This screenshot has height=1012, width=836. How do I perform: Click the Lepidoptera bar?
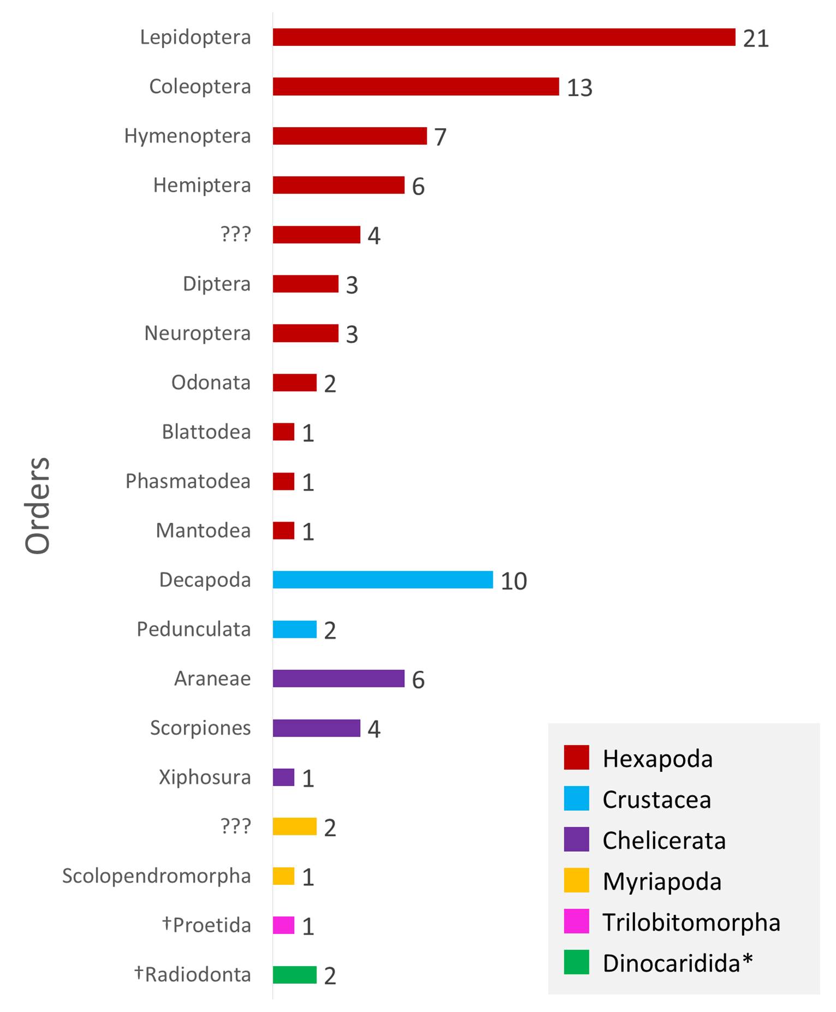pyautogui.click(x=504, y=37)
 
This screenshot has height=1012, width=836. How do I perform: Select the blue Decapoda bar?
pyautogui.click(x=383, y=580)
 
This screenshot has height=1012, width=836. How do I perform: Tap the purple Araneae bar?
pyautogui.click(x=338, y=678)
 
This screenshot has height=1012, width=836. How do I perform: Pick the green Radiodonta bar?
pyautogui.click(x=295, y=974)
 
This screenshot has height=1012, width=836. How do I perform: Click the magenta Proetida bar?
pyautogui.click(x=284, y=925)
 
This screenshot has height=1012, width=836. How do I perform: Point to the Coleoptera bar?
pyautogui.click(x=416, y=86)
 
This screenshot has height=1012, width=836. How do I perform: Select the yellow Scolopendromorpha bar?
pyautogui.click(x=284, y=876)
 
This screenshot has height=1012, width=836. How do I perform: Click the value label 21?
pyautogui.click(x=756, y=39)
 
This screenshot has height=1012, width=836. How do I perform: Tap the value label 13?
pyautogui.click(x=580, y=88)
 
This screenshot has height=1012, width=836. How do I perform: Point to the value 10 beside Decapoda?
pyautogui.click(x=513, y=582)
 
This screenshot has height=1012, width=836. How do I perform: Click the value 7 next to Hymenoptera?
pyautogui.click(x=440, y=137)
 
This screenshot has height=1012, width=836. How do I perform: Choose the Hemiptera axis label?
pyautogui.click(x=202, y=185)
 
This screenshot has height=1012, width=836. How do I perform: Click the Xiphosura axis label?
pyautogui.click(x=205, y=777)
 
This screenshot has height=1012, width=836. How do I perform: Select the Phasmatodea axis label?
pyautogui.click(x=188, y=481)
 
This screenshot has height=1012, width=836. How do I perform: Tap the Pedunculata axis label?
pyautogui.click(x=194, y=629)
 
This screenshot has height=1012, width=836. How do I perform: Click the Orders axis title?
pyautogui.click(x=38, y=506)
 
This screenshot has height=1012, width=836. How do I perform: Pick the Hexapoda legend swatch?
pyautogui.click(x=576, y=758)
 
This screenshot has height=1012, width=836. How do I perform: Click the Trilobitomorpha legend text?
pyautogui.click(x=691, y=923)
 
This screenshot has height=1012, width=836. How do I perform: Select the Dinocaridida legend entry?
pyautogui.click(x=677, y=963)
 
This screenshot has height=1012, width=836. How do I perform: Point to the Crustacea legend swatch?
pyautogui.click(x=576, y=799)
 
